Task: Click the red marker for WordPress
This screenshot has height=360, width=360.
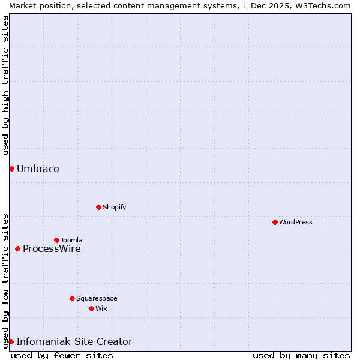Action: (275, 222)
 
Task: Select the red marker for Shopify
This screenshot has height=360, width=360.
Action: (98, 207)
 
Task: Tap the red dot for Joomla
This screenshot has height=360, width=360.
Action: (56, 240)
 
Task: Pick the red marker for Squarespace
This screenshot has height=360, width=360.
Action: (72, 298)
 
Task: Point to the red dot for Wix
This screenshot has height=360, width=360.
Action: (91, 308)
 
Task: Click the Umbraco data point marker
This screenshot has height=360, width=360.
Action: (11, 169)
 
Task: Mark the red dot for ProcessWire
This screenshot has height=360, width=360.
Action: (17, 248)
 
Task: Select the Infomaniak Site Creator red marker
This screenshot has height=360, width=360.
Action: (11, 341)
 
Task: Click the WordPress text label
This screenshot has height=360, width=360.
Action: (296, 222)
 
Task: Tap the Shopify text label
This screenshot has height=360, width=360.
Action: (114, 207)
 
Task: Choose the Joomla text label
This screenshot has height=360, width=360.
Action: (71, 240)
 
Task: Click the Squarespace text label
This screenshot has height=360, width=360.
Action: (97, 298)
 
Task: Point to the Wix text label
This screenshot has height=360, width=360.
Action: (101, 308)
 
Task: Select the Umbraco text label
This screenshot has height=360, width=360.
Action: (38, 169)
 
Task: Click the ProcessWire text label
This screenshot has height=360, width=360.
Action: (52, 248)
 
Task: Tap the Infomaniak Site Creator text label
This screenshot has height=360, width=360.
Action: (74, 341)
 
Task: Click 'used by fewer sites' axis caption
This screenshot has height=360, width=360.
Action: (62, 355)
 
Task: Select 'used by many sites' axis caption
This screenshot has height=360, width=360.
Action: (301, 355)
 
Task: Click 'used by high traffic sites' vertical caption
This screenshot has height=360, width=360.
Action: (5, 85)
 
